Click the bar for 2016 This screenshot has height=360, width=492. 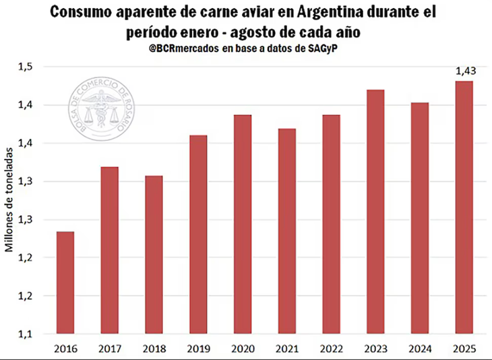[65, 282]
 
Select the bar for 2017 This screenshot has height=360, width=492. [109, 250]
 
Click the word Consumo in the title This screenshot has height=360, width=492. [79, 12]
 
